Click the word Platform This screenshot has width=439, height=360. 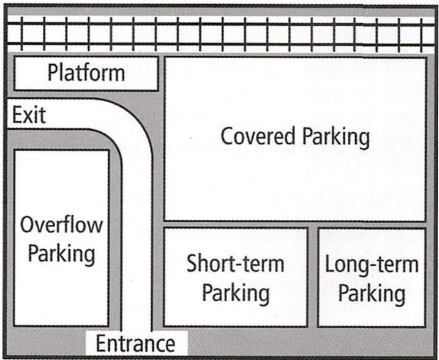pyautogui.click(x=86, y=73)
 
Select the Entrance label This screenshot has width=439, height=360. pyautogui.click(x=135, y=343)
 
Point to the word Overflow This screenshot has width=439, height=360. pyautogui.click(x=61, y=225)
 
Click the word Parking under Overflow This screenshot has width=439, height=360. pyautogui.click(x=61, y=253)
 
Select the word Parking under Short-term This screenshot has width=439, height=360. pyautogui.click(x=236, y=293)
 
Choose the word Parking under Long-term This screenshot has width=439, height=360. pyautogui.click(x=372, y=293)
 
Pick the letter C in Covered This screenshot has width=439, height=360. pyautogui.click(x=227, y=136)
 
